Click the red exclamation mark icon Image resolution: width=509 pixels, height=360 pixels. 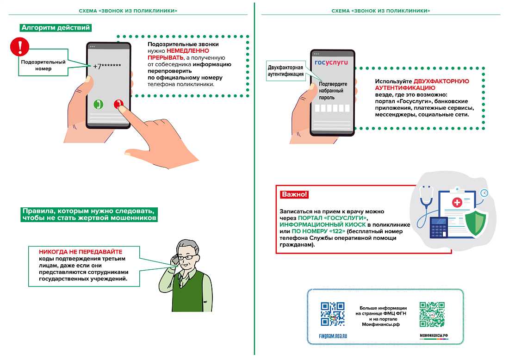(20, 47)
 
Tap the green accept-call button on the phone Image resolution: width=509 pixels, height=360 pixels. (98, 104)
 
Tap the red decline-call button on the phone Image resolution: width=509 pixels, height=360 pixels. (119, 104)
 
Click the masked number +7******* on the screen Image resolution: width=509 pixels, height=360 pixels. (107, 66)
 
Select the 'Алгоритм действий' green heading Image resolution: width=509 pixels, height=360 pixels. (56, 28)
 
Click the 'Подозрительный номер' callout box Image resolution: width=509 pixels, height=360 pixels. (43, 65)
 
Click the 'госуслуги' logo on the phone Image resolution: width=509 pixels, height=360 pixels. (331, 62)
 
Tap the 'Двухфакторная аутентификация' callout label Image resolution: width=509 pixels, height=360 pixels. (286, 71)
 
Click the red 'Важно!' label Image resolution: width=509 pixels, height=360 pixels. (294, 194)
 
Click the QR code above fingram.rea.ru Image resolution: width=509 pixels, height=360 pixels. (333, 314)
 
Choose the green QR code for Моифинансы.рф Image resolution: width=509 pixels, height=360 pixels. (432, 314)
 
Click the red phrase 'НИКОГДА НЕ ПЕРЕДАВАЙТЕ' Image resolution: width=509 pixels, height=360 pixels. (81, 252)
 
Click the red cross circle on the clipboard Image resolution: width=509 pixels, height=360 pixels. (457, 203)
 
